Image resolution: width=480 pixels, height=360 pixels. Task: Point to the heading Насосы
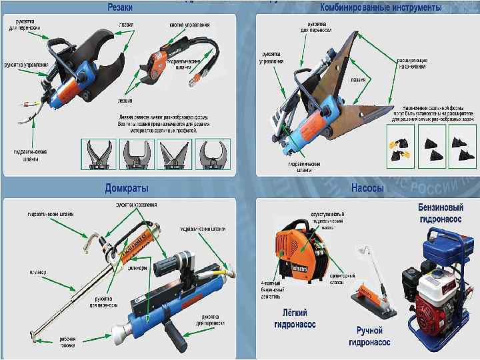pos(367,188)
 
